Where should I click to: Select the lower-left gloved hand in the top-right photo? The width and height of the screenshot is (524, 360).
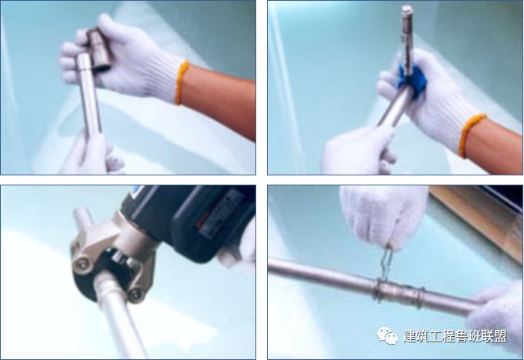355,151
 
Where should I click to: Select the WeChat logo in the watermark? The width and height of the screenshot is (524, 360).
385,336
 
